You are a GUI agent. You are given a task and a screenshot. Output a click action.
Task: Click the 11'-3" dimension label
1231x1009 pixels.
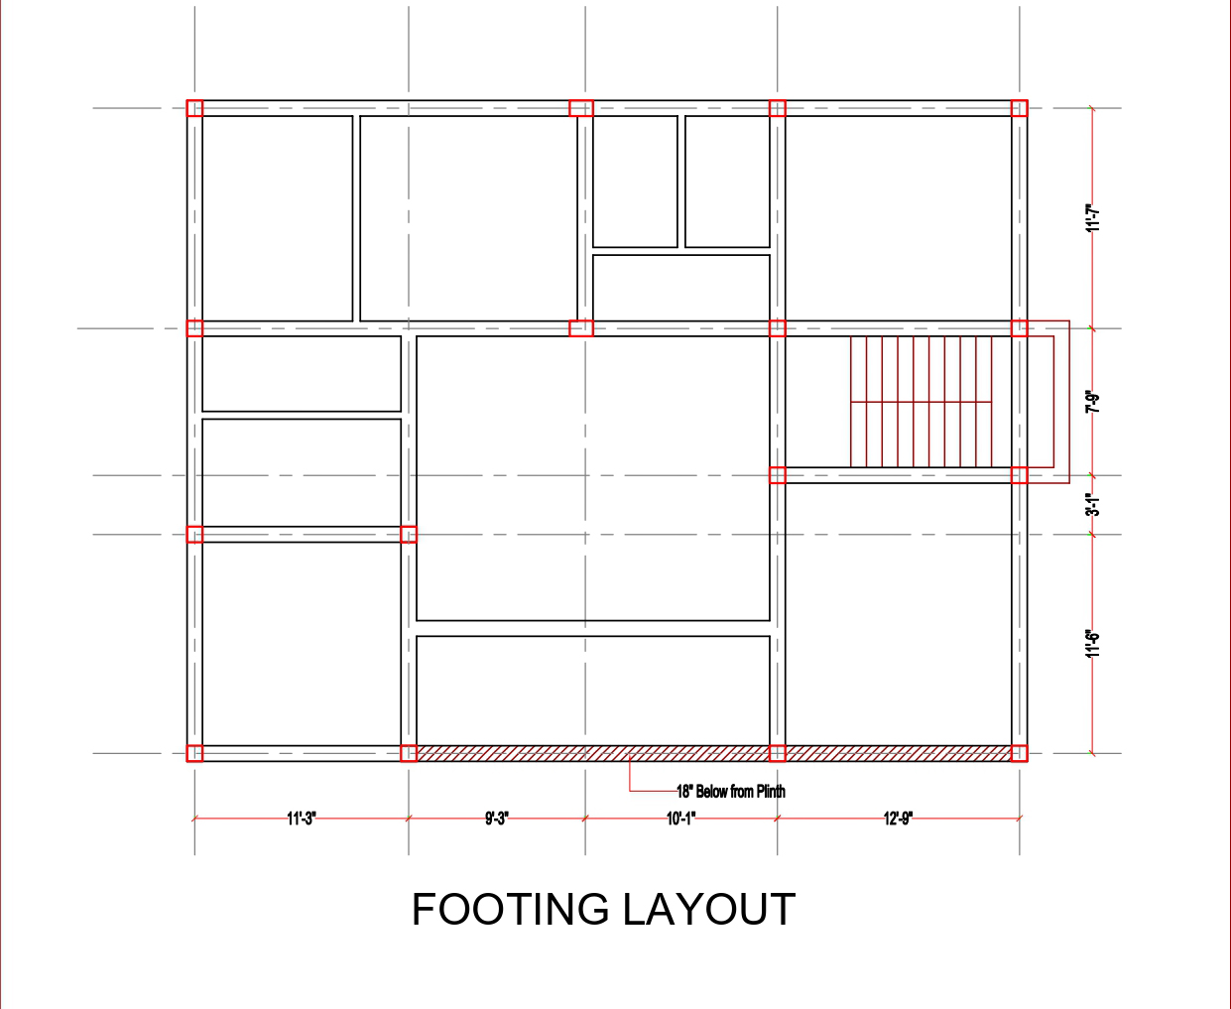point(302,819)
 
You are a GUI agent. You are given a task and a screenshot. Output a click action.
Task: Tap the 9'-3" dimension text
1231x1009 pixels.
point(497,819)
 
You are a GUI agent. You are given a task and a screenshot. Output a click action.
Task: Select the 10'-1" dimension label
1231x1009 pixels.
point(681,819)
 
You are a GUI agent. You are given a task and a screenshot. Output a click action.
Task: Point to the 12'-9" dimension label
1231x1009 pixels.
point(899,819)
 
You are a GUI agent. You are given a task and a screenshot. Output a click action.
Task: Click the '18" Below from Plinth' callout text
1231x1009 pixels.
point(731,792)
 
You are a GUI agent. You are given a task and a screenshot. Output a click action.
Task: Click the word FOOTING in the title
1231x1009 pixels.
point(511,910)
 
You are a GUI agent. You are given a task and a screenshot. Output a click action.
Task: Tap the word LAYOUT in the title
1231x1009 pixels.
point(709,910)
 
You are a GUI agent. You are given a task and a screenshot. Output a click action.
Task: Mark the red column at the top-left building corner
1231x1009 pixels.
point(195,108)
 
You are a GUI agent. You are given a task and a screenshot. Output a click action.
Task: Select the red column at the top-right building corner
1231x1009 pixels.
point(1019,108)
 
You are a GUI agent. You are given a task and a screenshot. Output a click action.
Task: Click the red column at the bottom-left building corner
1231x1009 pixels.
point(195,753)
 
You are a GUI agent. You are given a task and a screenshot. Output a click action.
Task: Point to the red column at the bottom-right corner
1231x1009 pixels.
point(1019,753)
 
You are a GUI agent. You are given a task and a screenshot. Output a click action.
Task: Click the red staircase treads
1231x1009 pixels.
point(922,402)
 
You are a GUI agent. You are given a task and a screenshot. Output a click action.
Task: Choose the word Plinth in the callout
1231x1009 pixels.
point(771,792)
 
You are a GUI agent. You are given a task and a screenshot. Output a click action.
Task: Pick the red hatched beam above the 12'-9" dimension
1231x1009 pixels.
point(899,753)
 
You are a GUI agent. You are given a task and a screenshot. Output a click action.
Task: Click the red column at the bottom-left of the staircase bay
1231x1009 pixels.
point(778,475)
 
